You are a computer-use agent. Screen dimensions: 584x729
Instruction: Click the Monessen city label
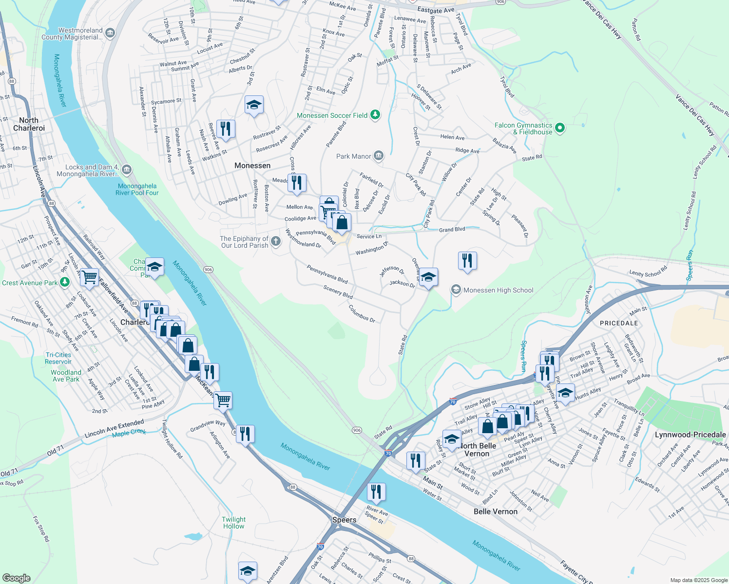(252, 165)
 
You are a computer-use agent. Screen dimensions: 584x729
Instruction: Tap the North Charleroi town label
(29, 124)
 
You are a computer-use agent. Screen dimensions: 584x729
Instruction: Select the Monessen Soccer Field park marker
(375, 115)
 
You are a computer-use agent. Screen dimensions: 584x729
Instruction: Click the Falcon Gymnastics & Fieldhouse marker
(560, 128)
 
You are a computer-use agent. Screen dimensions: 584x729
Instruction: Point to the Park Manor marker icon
(379, 156)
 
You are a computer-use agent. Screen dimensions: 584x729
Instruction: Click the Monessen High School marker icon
(456, 290)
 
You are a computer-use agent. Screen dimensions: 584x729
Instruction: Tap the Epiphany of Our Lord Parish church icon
(276, 241)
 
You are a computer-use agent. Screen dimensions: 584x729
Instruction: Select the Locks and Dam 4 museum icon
(127, 169)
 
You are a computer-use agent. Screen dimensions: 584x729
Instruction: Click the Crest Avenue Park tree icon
(64, 283)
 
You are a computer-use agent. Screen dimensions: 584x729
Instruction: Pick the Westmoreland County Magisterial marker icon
(110, 33)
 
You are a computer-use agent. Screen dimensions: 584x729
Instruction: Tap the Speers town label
(344, 520)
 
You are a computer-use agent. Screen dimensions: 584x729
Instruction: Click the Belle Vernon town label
(496, 511)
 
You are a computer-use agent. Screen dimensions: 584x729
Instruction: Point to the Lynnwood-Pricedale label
(690, 435)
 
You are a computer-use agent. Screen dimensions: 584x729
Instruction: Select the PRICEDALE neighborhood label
(619, 323)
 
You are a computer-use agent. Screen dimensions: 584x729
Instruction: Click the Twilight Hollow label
(233, 523)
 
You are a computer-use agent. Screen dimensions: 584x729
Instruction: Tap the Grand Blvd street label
(452, 229)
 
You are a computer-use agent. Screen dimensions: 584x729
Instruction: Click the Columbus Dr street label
(362, 314)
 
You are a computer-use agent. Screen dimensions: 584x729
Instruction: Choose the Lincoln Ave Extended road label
(115, 428)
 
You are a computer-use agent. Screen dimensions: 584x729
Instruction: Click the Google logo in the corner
(16, 578)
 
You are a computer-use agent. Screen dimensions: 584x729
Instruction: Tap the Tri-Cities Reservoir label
(58, 358)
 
